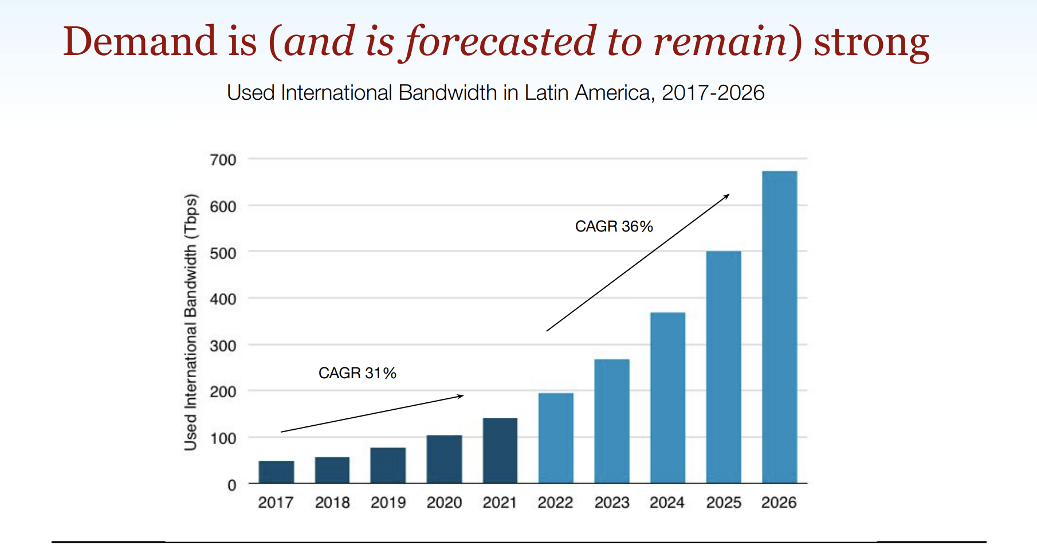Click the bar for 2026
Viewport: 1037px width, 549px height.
click(x=779, y=327)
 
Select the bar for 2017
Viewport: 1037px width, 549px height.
click(x=276, y=472)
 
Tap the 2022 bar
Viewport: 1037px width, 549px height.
click(x=556, y=438)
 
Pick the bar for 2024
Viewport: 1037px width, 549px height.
click(x=667, y=398)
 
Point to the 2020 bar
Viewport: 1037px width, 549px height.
click(x=444, y=459)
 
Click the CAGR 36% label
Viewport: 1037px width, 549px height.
click(x=614, y=226)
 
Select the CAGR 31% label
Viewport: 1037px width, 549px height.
click(x=357, y=373)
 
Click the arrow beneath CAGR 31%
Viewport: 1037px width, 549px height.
click(x=372, y=413)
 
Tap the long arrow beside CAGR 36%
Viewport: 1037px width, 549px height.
click(x=638, y=263)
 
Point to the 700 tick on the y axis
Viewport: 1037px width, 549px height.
click(x=223, y=160)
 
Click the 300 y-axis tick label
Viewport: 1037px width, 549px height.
click(x=223, y=346)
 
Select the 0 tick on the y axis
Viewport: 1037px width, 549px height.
click(x=231, y=485)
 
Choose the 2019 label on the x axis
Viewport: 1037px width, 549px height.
click(x=388, y=503)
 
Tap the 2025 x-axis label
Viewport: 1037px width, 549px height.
click(x=724, y=503)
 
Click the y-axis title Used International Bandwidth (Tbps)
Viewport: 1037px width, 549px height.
click(x=191, y=323)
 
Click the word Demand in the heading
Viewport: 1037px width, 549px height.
click(x=140, y=42)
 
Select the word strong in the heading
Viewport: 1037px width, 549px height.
click(x=871, y=42)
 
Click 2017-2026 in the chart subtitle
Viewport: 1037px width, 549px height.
click(x=713, y=93)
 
